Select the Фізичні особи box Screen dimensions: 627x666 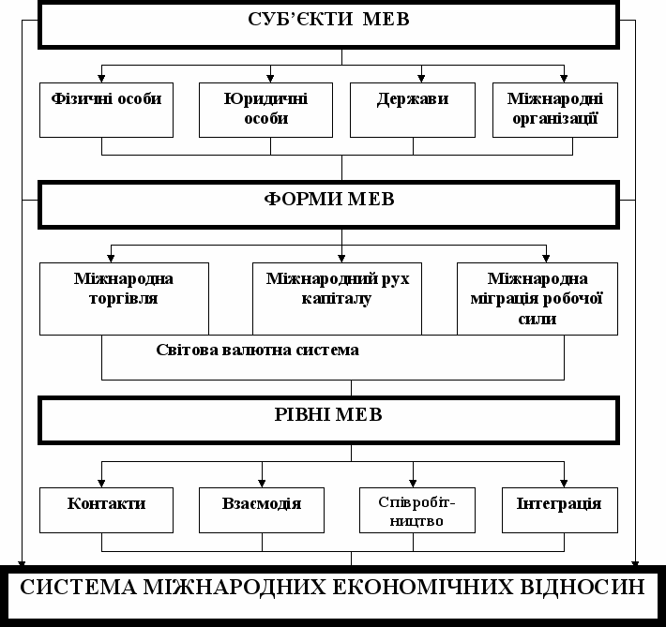coord(101,109)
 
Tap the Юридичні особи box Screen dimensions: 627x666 coord(267,109)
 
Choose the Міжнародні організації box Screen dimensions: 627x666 coord(555,109)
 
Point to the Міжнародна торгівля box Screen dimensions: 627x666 coord(123,298)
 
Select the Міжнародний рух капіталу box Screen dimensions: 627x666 coord(344,298)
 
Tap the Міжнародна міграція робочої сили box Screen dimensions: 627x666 coord(537,298)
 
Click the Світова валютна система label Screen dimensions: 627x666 coord(258,351)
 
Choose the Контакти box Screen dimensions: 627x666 coord(106,509)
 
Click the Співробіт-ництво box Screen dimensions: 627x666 coord(414,509)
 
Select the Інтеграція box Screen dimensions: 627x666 coord(559,509)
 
